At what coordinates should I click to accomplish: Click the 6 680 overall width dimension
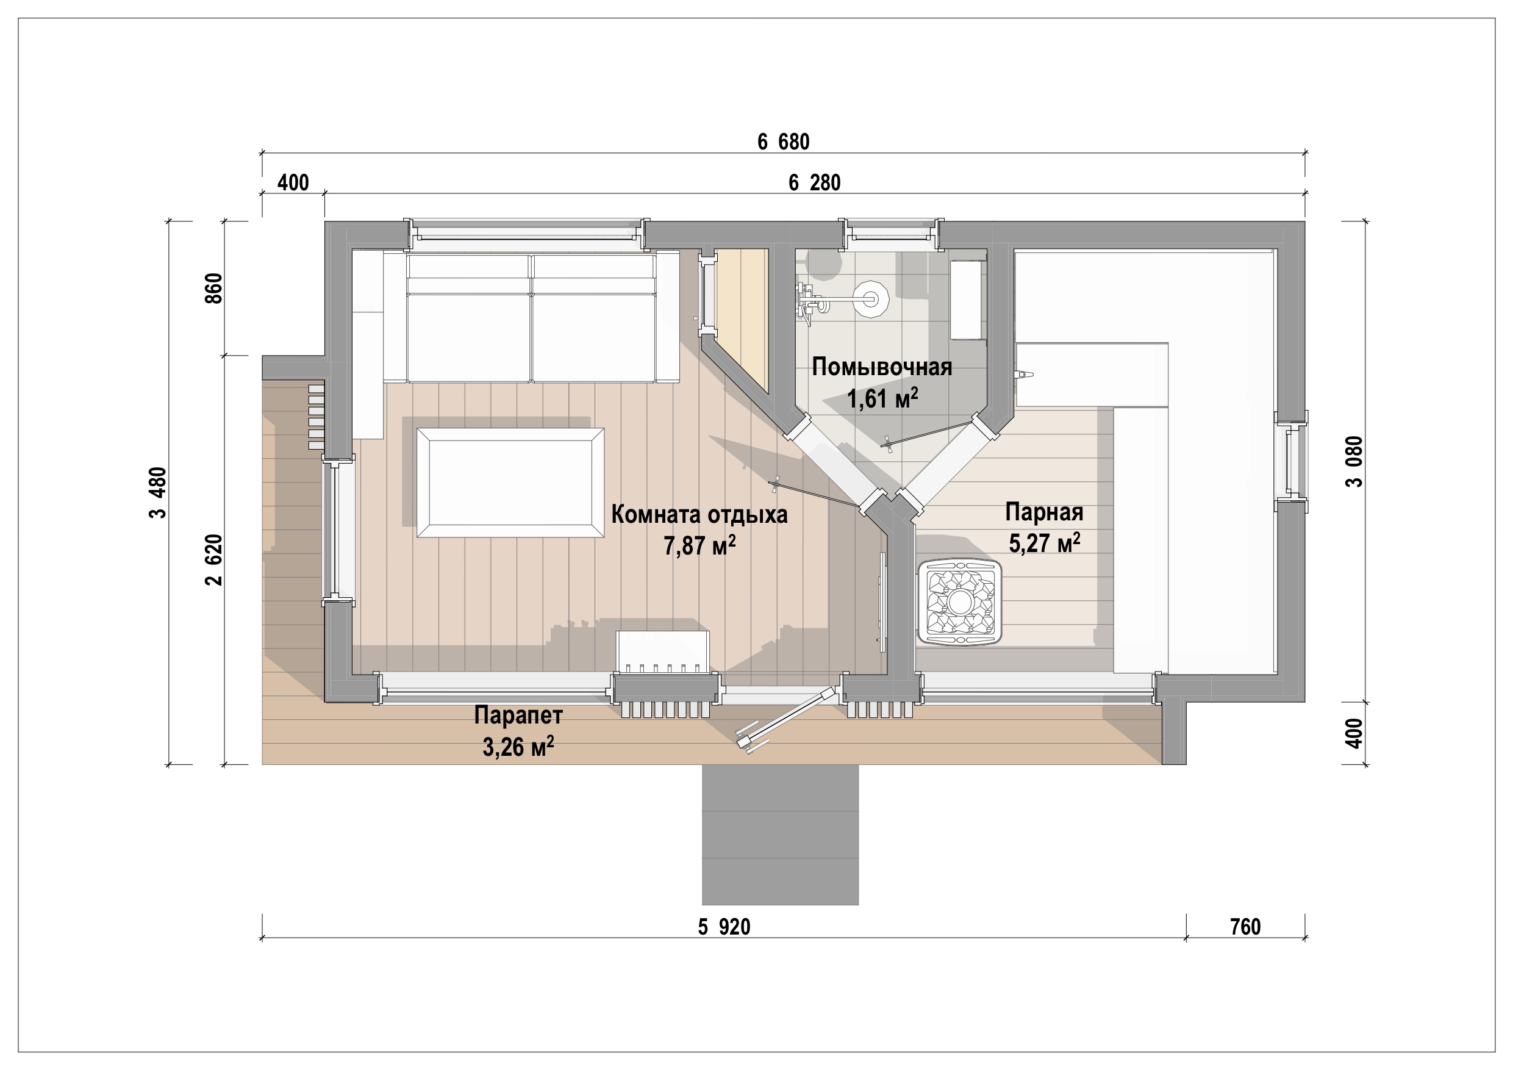pyautogui.click(x=783, y=142)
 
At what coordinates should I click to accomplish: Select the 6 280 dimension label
pyautogui.click(x=815, y=182)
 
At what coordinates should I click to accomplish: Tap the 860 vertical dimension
pyautogui.click(x=215, y=288)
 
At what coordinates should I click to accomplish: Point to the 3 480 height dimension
pyautogui.click(x=159, y=492)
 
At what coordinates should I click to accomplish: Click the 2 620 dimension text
pyautogui.click(x=215, y=560)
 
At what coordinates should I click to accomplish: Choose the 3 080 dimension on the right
pyautogui.click(x=1354, y=462)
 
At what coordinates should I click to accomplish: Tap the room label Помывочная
pyautogui.click(x=882, y=367)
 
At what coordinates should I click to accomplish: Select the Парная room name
pyautogui.click(x=1045, y=512)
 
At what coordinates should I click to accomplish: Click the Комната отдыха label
pyautogui.click(x=699, y=514)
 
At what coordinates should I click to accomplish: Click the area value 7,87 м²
pyautogui.click(x=699, y=546)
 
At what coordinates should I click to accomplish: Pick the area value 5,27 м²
pyautogui.click(x=1045, y=542)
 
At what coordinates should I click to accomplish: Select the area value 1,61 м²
pyautogui.click(x=882, y=398)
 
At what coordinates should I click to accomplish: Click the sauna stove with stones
pyautogui.click(x=959, y=602)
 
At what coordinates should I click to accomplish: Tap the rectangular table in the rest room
pyautogui.click(x=510, y=483)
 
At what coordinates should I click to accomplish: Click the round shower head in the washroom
pyautogui.click(x=871, y=300)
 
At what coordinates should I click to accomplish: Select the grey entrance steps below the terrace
pyautogui.click(x=780, y=835)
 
